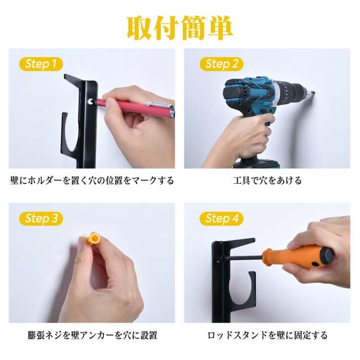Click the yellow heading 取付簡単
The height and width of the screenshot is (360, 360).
pos(180,28)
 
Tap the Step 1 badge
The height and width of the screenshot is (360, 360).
pos(41,64)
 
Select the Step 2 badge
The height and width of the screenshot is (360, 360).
pos(221,64)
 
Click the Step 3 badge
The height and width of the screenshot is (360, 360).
pos(41,219)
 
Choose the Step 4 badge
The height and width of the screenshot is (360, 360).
pos(221,219)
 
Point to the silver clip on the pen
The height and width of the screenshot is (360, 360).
pos(159,105)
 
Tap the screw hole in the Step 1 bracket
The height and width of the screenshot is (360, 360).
pos(90,102)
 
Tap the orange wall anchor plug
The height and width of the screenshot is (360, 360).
pos(93,238)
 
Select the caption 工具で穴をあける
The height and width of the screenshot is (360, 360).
pos(267,180)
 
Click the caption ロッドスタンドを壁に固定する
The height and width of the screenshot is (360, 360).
pos(267,335)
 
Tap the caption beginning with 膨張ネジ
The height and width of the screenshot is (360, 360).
pos(92,335)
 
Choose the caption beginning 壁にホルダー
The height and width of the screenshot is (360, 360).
pos(92,180)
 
